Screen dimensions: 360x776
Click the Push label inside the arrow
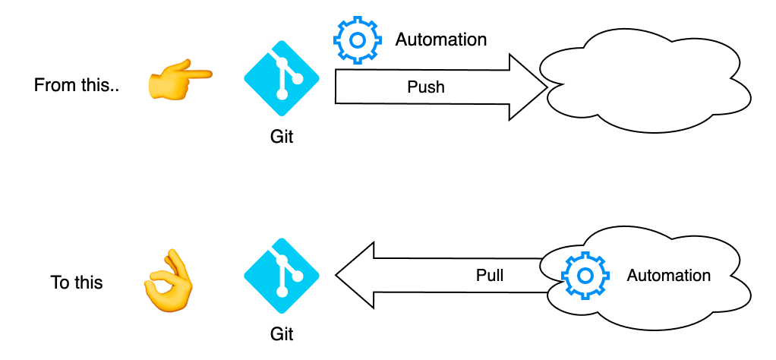[425, 87]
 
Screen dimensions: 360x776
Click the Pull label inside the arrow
[490, 275]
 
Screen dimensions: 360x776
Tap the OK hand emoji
[168, 282]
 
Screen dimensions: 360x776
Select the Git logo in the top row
[282, 77]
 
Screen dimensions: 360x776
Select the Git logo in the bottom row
[282, 275]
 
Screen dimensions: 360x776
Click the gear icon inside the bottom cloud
[585, 275]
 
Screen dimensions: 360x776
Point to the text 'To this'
[77, 283]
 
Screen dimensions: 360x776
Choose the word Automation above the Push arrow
[441, 39]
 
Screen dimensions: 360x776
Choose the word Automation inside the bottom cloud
[668, 275]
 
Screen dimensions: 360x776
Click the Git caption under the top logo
[282, 137]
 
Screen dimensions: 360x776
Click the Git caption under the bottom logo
[282, 333]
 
